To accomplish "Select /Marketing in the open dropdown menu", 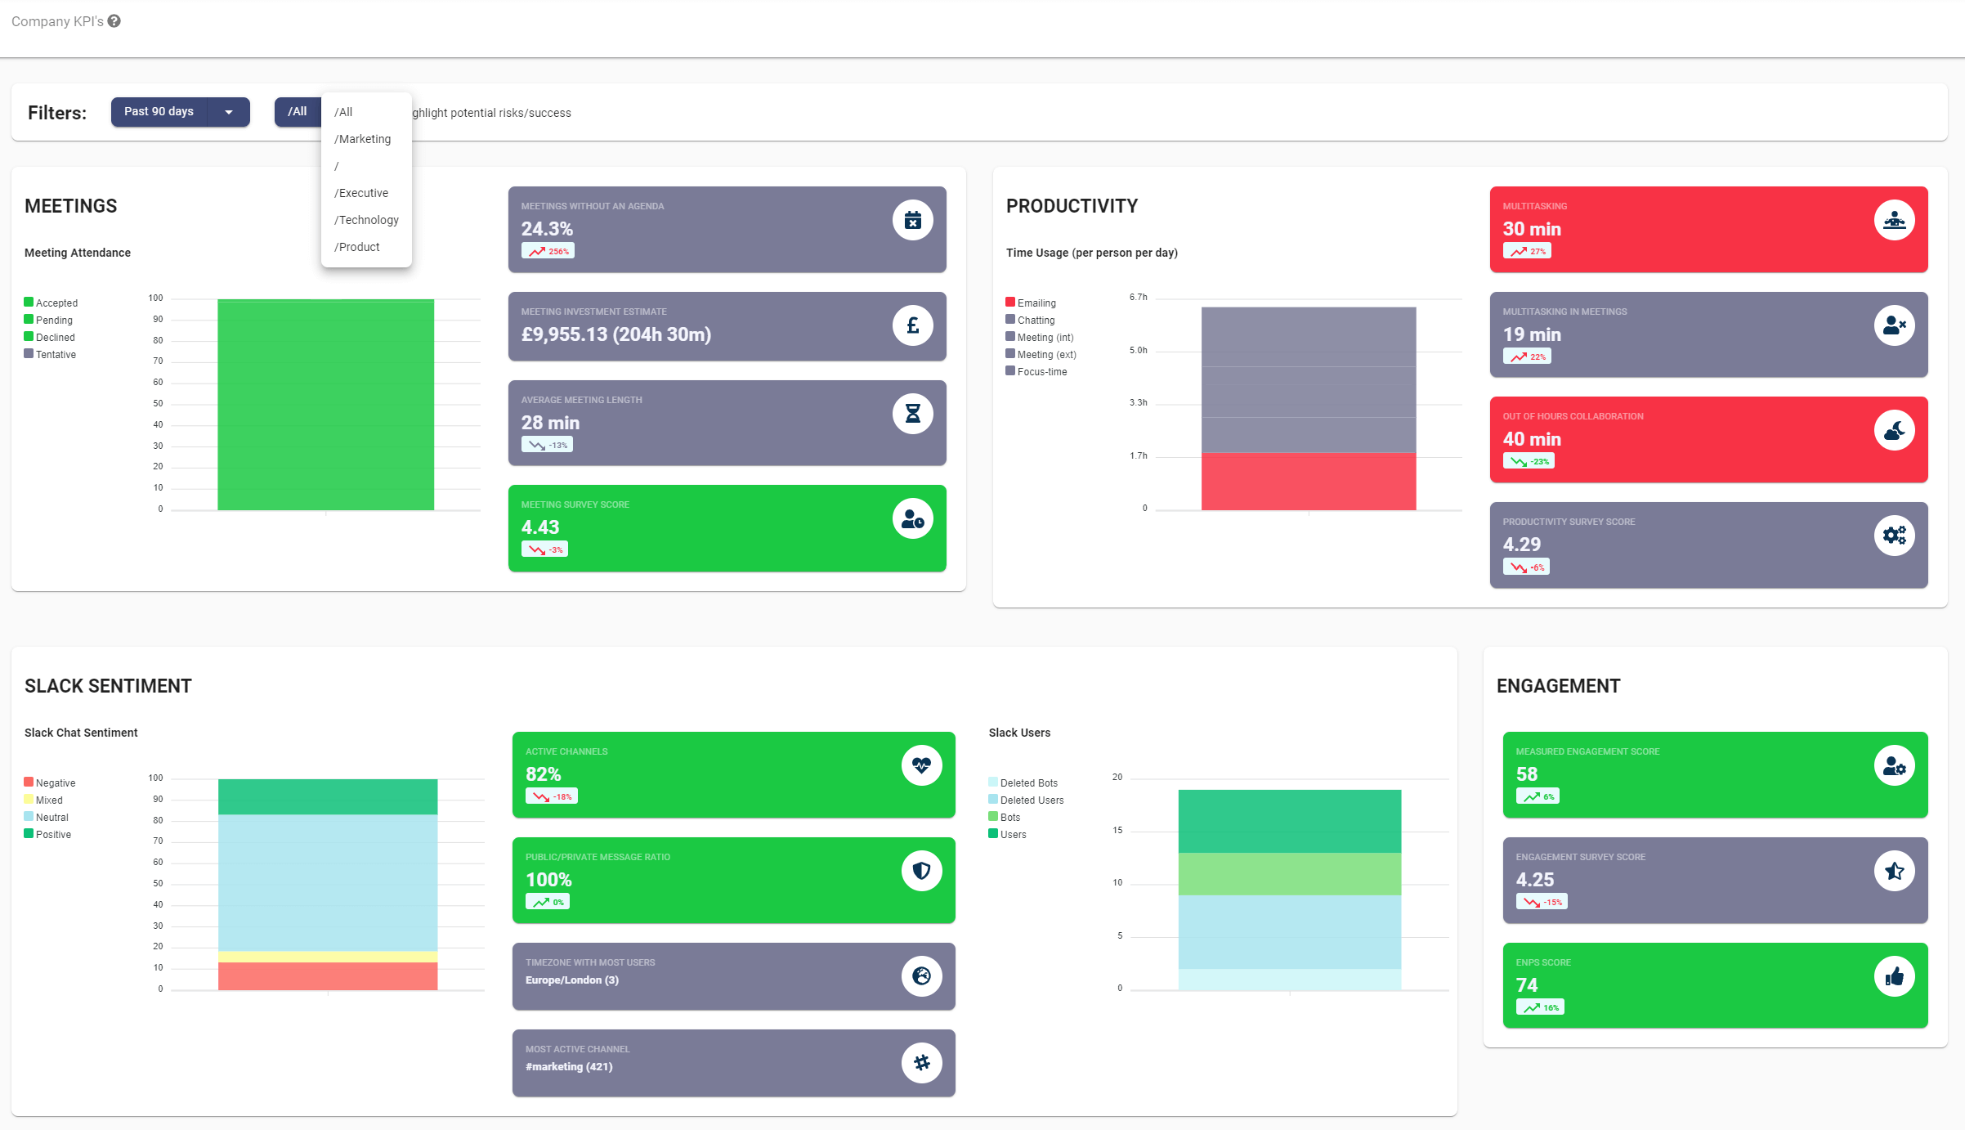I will point(362,139).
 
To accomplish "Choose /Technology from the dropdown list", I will point(366,220).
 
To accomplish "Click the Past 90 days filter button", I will point(159,111).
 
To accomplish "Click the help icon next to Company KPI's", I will point(114,21).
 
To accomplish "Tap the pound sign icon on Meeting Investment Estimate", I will point(912,325).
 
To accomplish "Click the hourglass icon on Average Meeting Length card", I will point(912,414).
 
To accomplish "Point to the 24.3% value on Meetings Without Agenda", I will point(547,229).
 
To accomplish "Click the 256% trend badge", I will point(548,251).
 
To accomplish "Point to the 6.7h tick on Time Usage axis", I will point(1138,297).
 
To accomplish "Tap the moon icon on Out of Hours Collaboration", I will point(1894,431).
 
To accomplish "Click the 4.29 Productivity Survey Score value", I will point(1521,545).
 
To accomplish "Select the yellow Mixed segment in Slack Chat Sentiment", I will point(327,956).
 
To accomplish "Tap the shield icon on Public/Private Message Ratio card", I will point(921,871).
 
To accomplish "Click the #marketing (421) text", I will point(569,1066).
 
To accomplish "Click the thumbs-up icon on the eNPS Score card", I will point(1894,976).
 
